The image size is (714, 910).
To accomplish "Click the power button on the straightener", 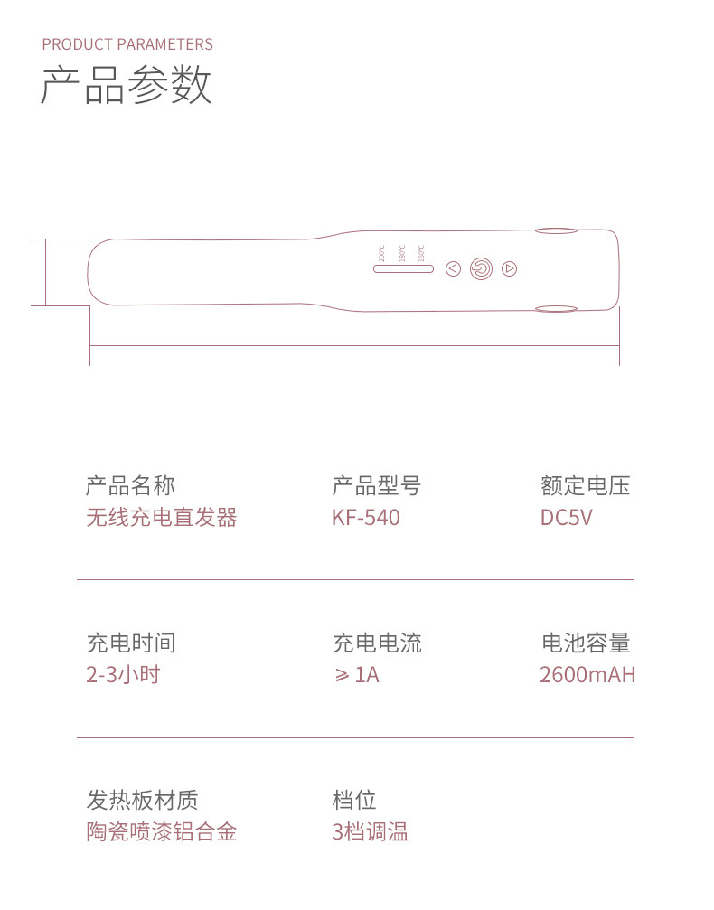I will pos(481,268).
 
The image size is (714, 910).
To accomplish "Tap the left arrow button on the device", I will pos(454,268).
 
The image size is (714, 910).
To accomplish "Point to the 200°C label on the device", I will pos(381,253).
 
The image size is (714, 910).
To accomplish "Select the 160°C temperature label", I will pos(421,253).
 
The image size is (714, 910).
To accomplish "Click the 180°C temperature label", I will pos(401,253).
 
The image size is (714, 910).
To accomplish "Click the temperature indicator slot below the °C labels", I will pos(403,268).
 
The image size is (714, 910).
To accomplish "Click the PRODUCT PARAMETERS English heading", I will pos(127,44).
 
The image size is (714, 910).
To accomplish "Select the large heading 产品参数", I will pos(127,86).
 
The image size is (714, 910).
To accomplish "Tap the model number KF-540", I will pos(366,518).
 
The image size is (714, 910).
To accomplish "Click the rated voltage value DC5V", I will pos(567,518).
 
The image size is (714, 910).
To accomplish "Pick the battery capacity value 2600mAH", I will pos(587,674).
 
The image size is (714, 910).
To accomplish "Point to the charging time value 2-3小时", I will pos(123,674).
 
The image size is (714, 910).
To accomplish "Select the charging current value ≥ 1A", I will pos(357,674).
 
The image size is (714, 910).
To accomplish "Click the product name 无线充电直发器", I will pos(161,518).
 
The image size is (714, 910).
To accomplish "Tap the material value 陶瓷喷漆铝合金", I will pos(161,831).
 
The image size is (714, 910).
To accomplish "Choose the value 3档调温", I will pos(371,831).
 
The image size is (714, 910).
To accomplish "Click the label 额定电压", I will pos(585,486).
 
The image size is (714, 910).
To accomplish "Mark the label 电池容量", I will pos(585,643).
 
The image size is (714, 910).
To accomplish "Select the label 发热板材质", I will pos(142,800).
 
